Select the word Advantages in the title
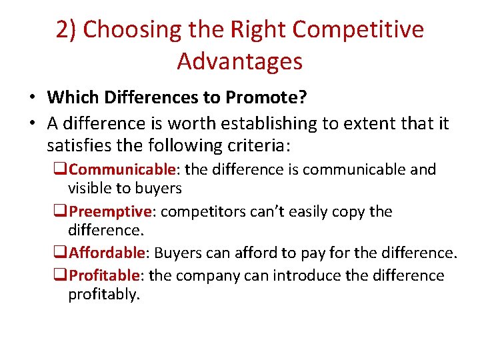pyautogui.click(x=240, y=61)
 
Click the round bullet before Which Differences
pyautogui.click(x=32, y=99)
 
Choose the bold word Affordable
pyautogui.click(x=107, y=253)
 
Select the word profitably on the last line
pyautogui.click(x=104, y=295)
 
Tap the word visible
pyautogui.click(x=91, y=189)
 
